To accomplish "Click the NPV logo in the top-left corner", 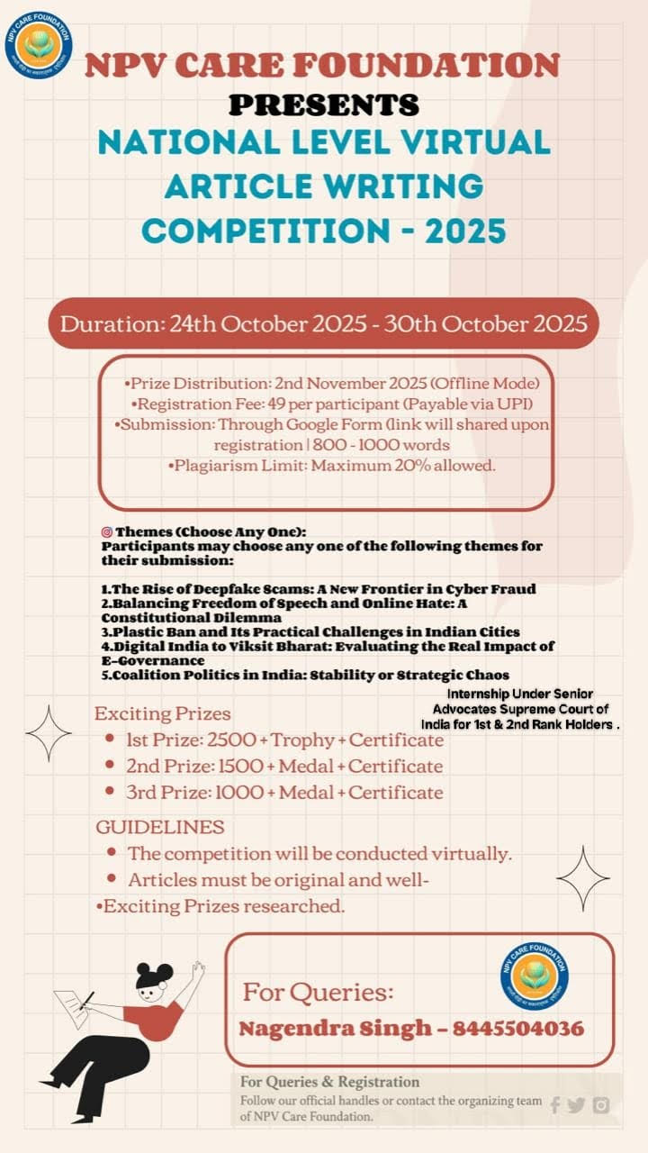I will pos(38,45).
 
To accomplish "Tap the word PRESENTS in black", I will pos(324,104).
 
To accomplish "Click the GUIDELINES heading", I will pos(160,826).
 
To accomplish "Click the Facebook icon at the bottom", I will pos(554,1105).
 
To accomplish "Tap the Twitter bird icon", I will pos(576,1105).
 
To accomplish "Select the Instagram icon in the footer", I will pos(601,1105).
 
